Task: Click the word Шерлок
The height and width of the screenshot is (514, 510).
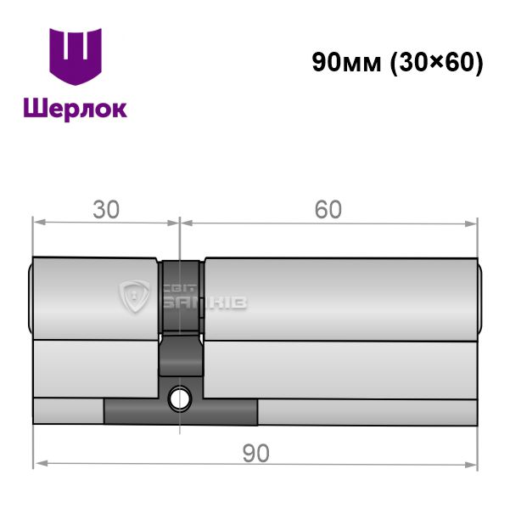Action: tap(76, 109)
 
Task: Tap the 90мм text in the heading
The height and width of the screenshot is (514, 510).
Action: tap(347, 62)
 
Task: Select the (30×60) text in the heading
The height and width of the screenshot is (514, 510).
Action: tap(437, 63)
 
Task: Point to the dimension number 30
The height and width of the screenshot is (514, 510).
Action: tap(106, 210)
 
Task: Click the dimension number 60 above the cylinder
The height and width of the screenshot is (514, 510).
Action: tap(328, 210)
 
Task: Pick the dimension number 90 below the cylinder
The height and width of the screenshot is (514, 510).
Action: tap(256, 453)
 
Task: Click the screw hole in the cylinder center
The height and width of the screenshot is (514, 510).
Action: tap(180, 398)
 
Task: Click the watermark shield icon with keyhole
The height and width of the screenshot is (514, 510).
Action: tap(134, 296)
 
